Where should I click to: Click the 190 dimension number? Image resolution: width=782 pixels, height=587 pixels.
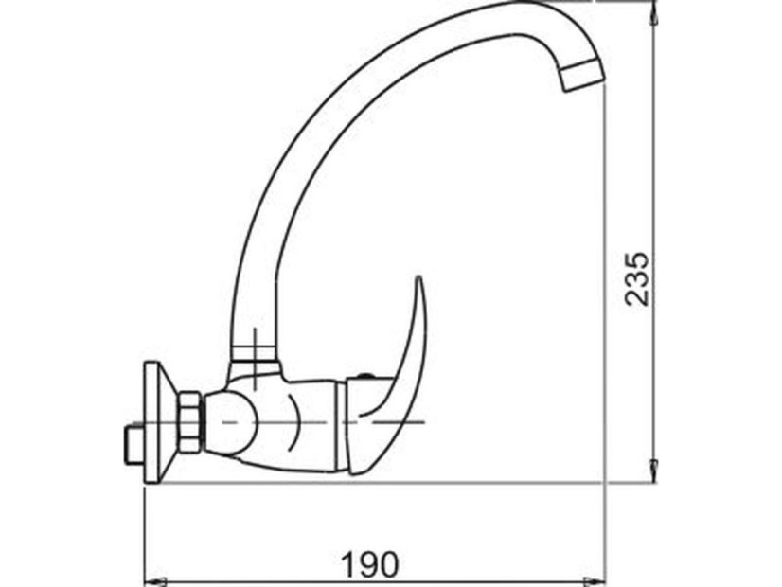click(x=370, y=564)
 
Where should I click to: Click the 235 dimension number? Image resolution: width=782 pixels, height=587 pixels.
click(x=640, y=277)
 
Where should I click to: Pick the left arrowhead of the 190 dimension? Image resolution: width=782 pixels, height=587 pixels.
click(x=152, y=578)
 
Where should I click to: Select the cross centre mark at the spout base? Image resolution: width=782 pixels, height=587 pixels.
click(x=255, y=343)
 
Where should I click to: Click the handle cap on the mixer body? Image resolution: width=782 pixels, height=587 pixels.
click(x=367, y=424)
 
